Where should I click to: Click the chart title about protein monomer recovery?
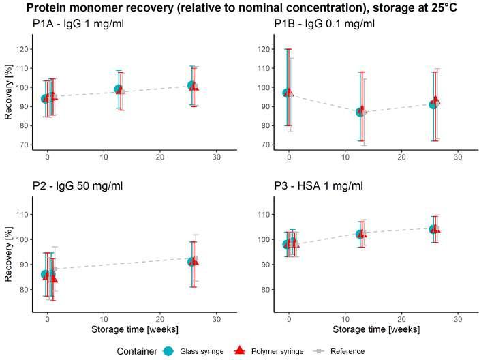tap(239, 9)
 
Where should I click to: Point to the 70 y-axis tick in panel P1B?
tap(265, 145)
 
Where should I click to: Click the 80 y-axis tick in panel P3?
tap(266, 290)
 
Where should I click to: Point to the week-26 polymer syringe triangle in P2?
tap(194, 262)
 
